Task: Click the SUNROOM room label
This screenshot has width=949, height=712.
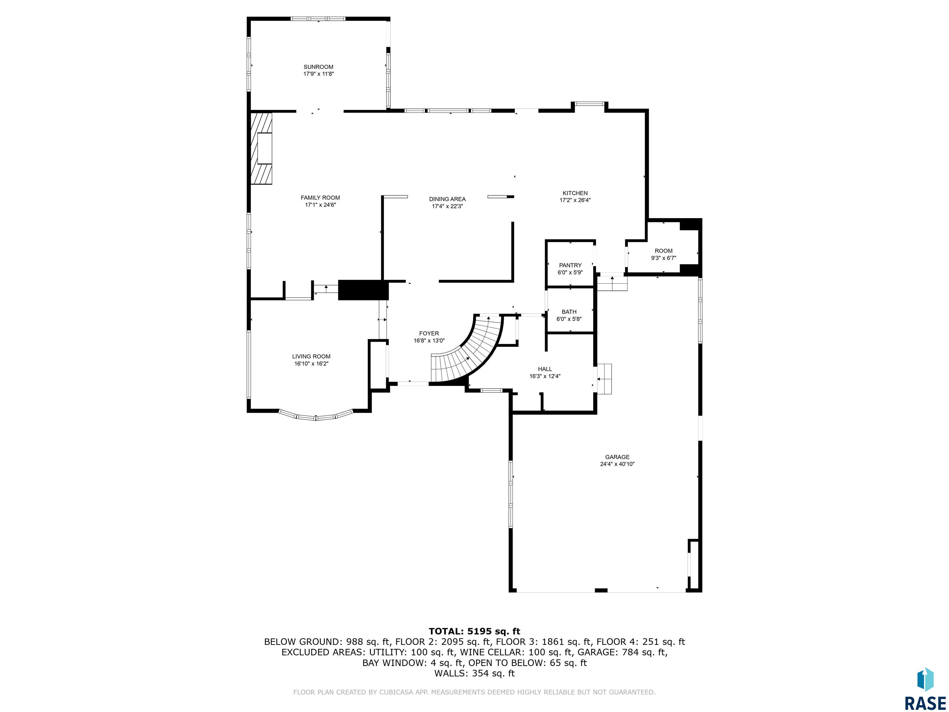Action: tap(318, 67)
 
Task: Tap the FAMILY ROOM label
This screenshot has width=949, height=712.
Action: tap(320, 198)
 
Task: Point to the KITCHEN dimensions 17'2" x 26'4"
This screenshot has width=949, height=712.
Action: tap(575, 200)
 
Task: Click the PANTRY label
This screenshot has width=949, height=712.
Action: tap(570, 265)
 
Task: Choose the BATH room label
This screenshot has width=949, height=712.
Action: tap(569, 312)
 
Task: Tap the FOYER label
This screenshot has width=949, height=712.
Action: tap(429, 333)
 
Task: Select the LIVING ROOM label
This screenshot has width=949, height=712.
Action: tap(311, 357)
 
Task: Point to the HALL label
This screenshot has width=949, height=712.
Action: tap(545, 369)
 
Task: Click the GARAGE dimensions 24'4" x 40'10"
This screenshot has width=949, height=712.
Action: tap(617, 464)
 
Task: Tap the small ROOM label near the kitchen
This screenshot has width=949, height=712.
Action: tap(663, 251)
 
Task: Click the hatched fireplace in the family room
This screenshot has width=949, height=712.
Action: tap(261, 149)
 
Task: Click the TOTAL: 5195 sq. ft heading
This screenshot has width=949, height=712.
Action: tap(474, 631)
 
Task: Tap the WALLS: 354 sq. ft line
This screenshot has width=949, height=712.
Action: tap(474, 673)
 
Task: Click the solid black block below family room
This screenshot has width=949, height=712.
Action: tap(363, 290)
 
